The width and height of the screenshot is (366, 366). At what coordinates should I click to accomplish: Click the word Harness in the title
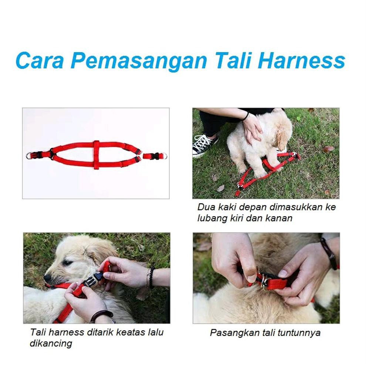tap(301, 61)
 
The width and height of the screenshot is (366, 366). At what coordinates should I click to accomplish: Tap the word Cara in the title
tap(40, 61)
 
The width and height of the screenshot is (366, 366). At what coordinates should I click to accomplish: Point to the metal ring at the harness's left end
tap(29, 156)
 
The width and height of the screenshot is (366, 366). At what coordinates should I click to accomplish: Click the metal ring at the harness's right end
tap(165, 156)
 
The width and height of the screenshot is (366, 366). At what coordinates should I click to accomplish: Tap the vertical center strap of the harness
tap(96, 155)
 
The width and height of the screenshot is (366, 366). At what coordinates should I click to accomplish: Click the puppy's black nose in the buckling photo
tap(47, 278)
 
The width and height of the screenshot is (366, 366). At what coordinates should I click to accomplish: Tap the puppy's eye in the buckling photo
tap(68, 263)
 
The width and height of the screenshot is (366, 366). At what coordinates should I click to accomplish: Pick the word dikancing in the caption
tap(51, 343)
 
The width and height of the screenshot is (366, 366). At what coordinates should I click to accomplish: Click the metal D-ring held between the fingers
tap(265, 283)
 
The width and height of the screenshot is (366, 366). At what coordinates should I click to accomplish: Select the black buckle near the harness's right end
tap(155, 156)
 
